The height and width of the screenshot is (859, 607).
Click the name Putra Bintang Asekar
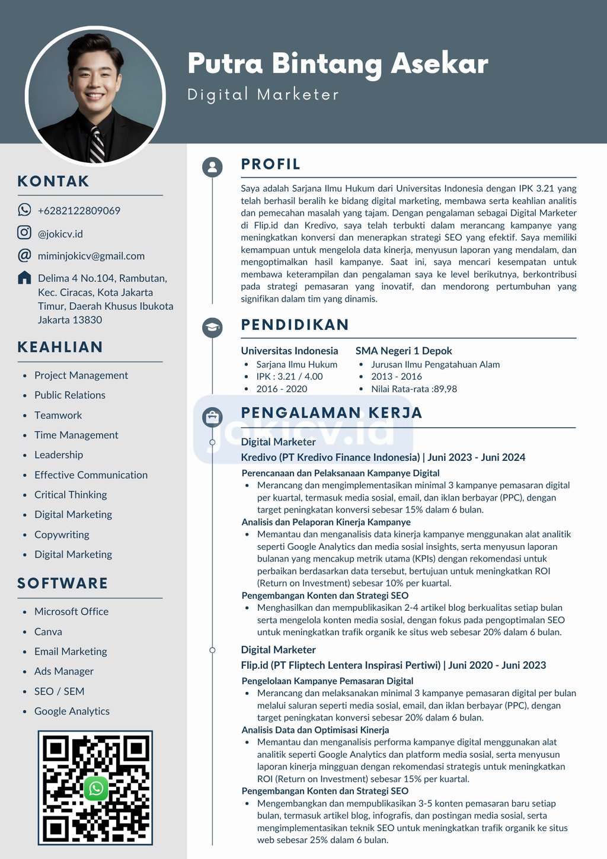pyautogui.click(x=337, y=64)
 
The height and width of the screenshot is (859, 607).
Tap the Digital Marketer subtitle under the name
pyautogui.click(x=263, y=95)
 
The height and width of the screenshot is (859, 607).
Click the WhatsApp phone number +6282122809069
pyautogui.click(x=79, y=211)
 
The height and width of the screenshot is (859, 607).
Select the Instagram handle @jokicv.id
pyautogui.click(x=60, y=234)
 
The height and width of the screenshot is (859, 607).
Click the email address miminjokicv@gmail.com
pyautogui.click(x=91, y=256)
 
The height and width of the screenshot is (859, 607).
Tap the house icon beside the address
pyautogui.click(x=24, y=277)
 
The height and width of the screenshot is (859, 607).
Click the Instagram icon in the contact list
pyautogui.click(x=24, y=233)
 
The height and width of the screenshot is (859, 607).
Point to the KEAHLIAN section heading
pyautogui.click(x=60, y=347)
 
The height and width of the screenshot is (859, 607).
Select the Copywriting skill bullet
pyautogui.click(x=62, y=534)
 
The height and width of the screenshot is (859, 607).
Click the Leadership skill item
pyautogui.click(x=59, y=455)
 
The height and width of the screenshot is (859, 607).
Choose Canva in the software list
pyautogui.click(x=48, y=632)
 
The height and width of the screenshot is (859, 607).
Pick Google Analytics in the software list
pyautogui.click(x=72, y=711)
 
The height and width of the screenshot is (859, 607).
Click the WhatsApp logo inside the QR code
pyautogui.click(x=96, y=788)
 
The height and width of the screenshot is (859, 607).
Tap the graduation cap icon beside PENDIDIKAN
pyautogui.click(x=212, y=328)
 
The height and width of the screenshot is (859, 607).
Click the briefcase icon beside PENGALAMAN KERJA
pyautogui.click(x=212, y=417)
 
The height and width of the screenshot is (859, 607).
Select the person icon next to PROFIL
pyautogui.click(x=212, y=167)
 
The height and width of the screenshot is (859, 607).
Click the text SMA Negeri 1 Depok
pyautogui.click(x=403, y=351)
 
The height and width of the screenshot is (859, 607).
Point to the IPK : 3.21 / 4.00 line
pyautogui.click(x=289, y=376)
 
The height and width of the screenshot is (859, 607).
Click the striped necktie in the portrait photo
pyautogui.click(x=96, y=144)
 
